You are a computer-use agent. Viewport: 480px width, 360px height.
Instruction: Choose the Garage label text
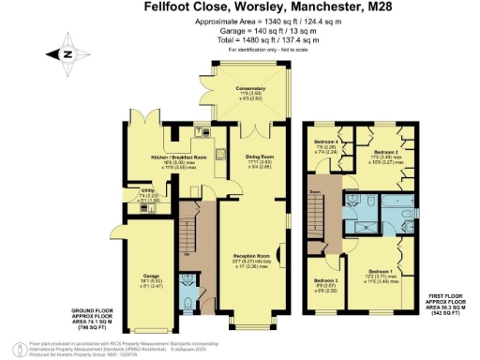(x=146, y=252)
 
